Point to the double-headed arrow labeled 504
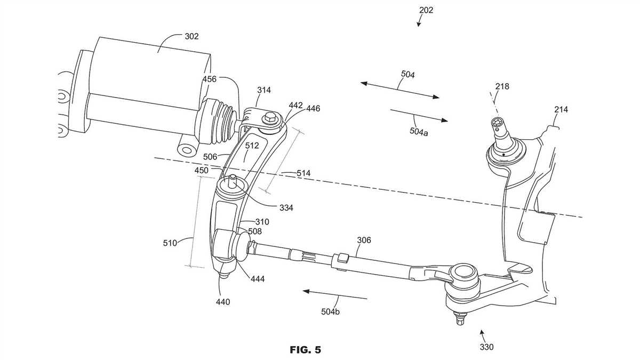[x=400, y=90]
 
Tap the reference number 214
[x=561, y=109]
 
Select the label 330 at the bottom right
[x=486, y=347]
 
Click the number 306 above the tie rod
[x=364, y=241]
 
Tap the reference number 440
[x=223, y=302]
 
